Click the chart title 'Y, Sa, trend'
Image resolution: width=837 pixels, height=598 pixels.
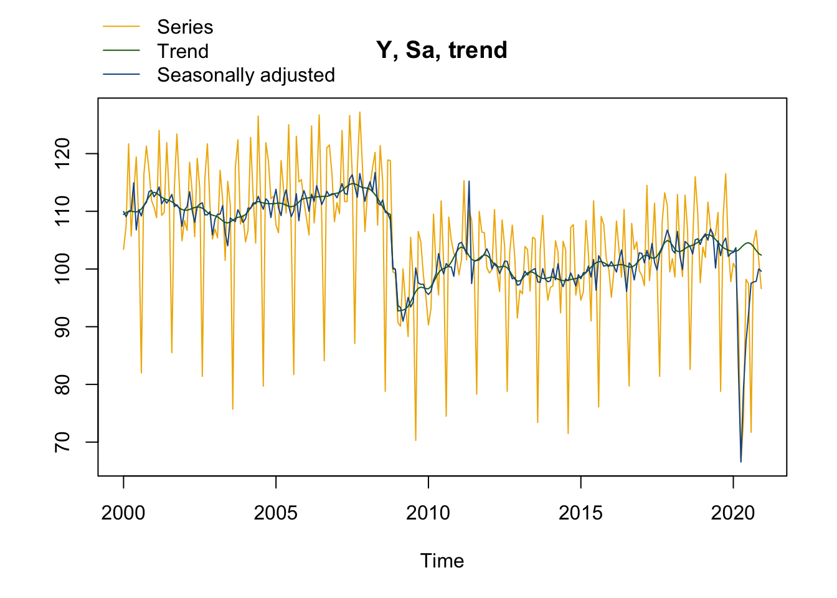pos(442,50)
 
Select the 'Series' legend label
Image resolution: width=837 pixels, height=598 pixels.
pos(185,27)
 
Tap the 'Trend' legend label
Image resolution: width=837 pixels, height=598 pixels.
pos(182,51)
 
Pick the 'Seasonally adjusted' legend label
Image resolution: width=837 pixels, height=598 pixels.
pos(246,75)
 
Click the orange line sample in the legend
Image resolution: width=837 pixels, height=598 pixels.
pos(121,27)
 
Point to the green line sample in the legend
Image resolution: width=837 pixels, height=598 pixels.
pos(121,51)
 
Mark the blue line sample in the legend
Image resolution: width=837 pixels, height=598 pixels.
pos(121,75)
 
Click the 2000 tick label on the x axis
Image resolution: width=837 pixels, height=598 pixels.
pos(123,513)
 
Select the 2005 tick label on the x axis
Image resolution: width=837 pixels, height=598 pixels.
pos(276,513)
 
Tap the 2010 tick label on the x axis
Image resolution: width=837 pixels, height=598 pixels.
pos(428,513)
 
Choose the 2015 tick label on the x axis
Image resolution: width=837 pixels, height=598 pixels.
pos(580,513)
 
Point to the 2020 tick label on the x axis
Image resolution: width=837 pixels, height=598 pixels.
pos(733,513)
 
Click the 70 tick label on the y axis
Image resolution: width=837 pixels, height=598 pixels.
pos(62,442)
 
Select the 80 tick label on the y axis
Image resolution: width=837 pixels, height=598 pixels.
pos(62,384)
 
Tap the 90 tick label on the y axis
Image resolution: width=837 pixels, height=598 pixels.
pos(62,327)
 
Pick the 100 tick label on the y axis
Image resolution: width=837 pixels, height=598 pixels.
pos(62,269)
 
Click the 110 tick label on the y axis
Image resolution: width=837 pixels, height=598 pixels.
pos(62,211)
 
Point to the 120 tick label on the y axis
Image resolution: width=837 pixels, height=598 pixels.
pos(62,154)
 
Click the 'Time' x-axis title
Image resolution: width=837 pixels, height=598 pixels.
pos(442,561)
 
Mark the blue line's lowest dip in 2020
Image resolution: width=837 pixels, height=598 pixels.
pos(740,462)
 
